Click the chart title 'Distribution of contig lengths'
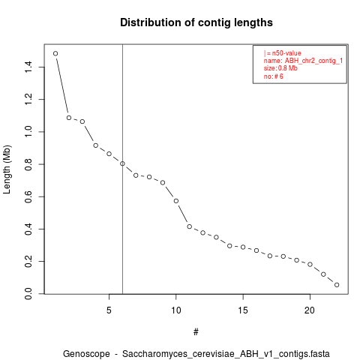click(196, 22)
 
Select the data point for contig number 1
click(55, 53)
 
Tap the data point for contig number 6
click(122, 163)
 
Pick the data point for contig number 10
click(176, 201)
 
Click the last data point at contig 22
click(337, 285)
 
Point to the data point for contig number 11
click(190, 226)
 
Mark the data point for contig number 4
click(96, 145)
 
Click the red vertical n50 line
click(122, 169)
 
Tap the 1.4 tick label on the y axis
click(28, 67)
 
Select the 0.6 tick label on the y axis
click(28, 196)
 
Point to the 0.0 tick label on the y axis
click(28, 294)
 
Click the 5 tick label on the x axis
click(109, 310)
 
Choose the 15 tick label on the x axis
click(243, 310)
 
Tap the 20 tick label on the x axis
click(310, 310)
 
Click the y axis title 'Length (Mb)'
click(7, 169)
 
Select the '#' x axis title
click(196, 332)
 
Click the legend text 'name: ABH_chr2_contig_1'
click(303, 61)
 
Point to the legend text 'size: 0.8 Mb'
click(280, 68)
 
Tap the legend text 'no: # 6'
click(274, 76)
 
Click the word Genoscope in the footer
click(86, 354)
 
